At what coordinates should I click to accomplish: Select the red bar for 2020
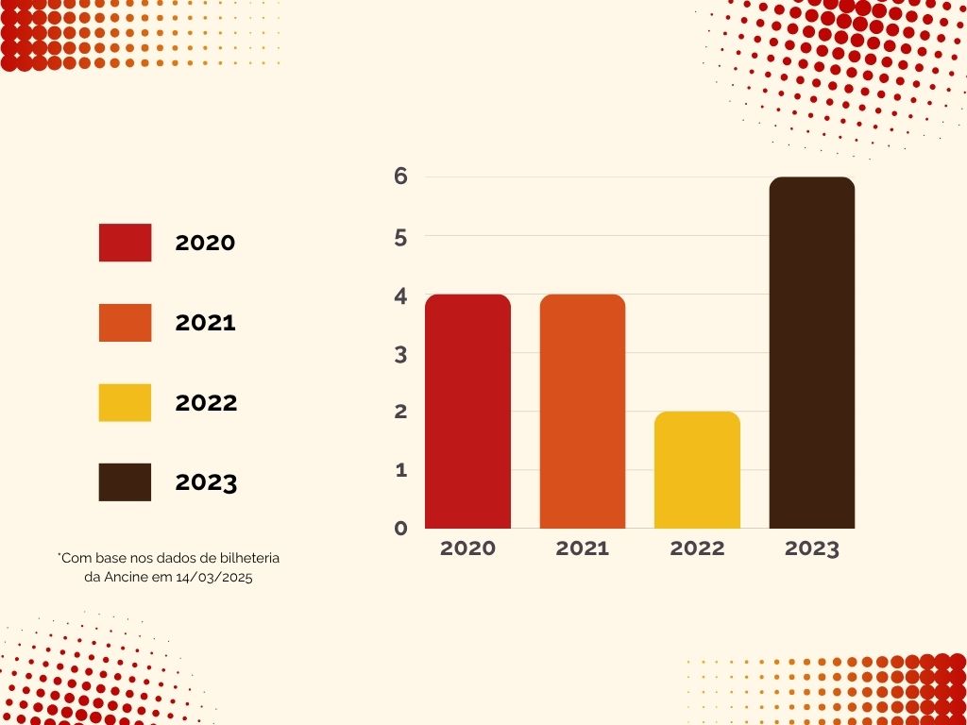point(467,412)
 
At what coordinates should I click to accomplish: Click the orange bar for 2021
point(583,412)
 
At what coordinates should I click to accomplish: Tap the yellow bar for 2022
point(697,470)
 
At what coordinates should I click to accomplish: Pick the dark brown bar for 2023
point(812,353)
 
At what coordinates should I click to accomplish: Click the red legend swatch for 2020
point(125,243)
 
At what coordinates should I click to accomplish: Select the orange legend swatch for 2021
point(125,323)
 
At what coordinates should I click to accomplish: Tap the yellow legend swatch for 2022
point(125,403)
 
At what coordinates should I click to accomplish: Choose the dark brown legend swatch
point(125,482)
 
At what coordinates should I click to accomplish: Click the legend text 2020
point(205,243)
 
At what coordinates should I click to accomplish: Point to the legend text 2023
point(206,483)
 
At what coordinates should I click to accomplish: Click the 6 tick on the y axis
point(400,177)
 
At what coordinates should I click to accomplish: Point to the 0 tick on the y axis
point(400,529)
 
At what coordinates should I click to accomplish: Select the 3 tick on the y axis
point(400,355)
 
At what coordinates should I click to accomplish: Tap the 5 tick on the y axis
point(400,238)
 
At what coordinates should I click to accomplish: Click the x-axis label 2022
point(697,548)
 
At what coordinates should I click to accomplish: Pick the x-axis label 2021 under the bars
point(583,548)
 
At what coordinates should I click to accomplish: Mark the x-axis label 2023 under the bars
point(812,548)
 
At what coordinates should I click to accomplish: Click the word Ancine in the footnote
point(124,578)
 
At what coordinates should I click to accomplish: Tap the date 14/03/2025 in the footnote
point(214,578)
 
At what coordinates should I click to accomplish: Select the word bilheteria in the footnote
point(247,559)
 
